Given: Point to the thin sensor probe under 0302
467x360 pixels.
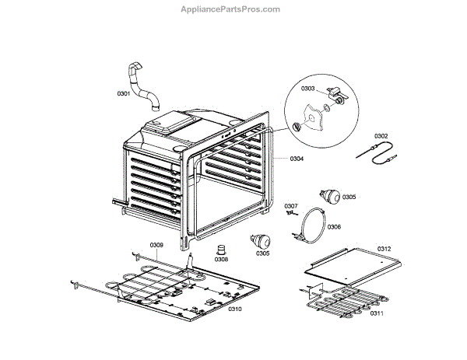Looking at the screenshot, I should [x=375, y=152].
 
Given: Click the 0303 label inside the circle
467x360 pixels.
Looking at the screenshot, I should [x=308, y=89].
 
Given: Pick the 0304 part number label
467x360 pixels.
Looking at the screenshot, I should [x=297, y=159].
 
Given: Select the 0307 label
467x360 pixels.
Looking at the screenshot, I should [x=290, y=205].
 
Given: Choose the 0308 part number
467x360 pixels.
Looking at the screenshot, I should [x=222, y=259].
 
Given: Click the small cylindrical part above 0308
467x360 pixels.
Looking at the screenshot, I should [x=221, y=250].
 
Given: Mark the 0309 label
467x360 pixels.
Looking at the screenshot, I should [x=156, y=245].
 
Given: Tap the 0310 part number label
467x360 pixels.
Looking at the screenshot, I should [x=235, y=309].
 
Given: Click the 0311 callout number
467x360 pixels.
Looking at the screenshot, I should [x=376, y=313].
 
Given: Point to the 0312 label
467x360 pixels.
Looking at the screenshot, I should [x=384, y=249].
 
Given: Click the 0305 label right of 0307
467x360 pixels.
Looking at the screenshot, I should [x=349, y=197].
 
